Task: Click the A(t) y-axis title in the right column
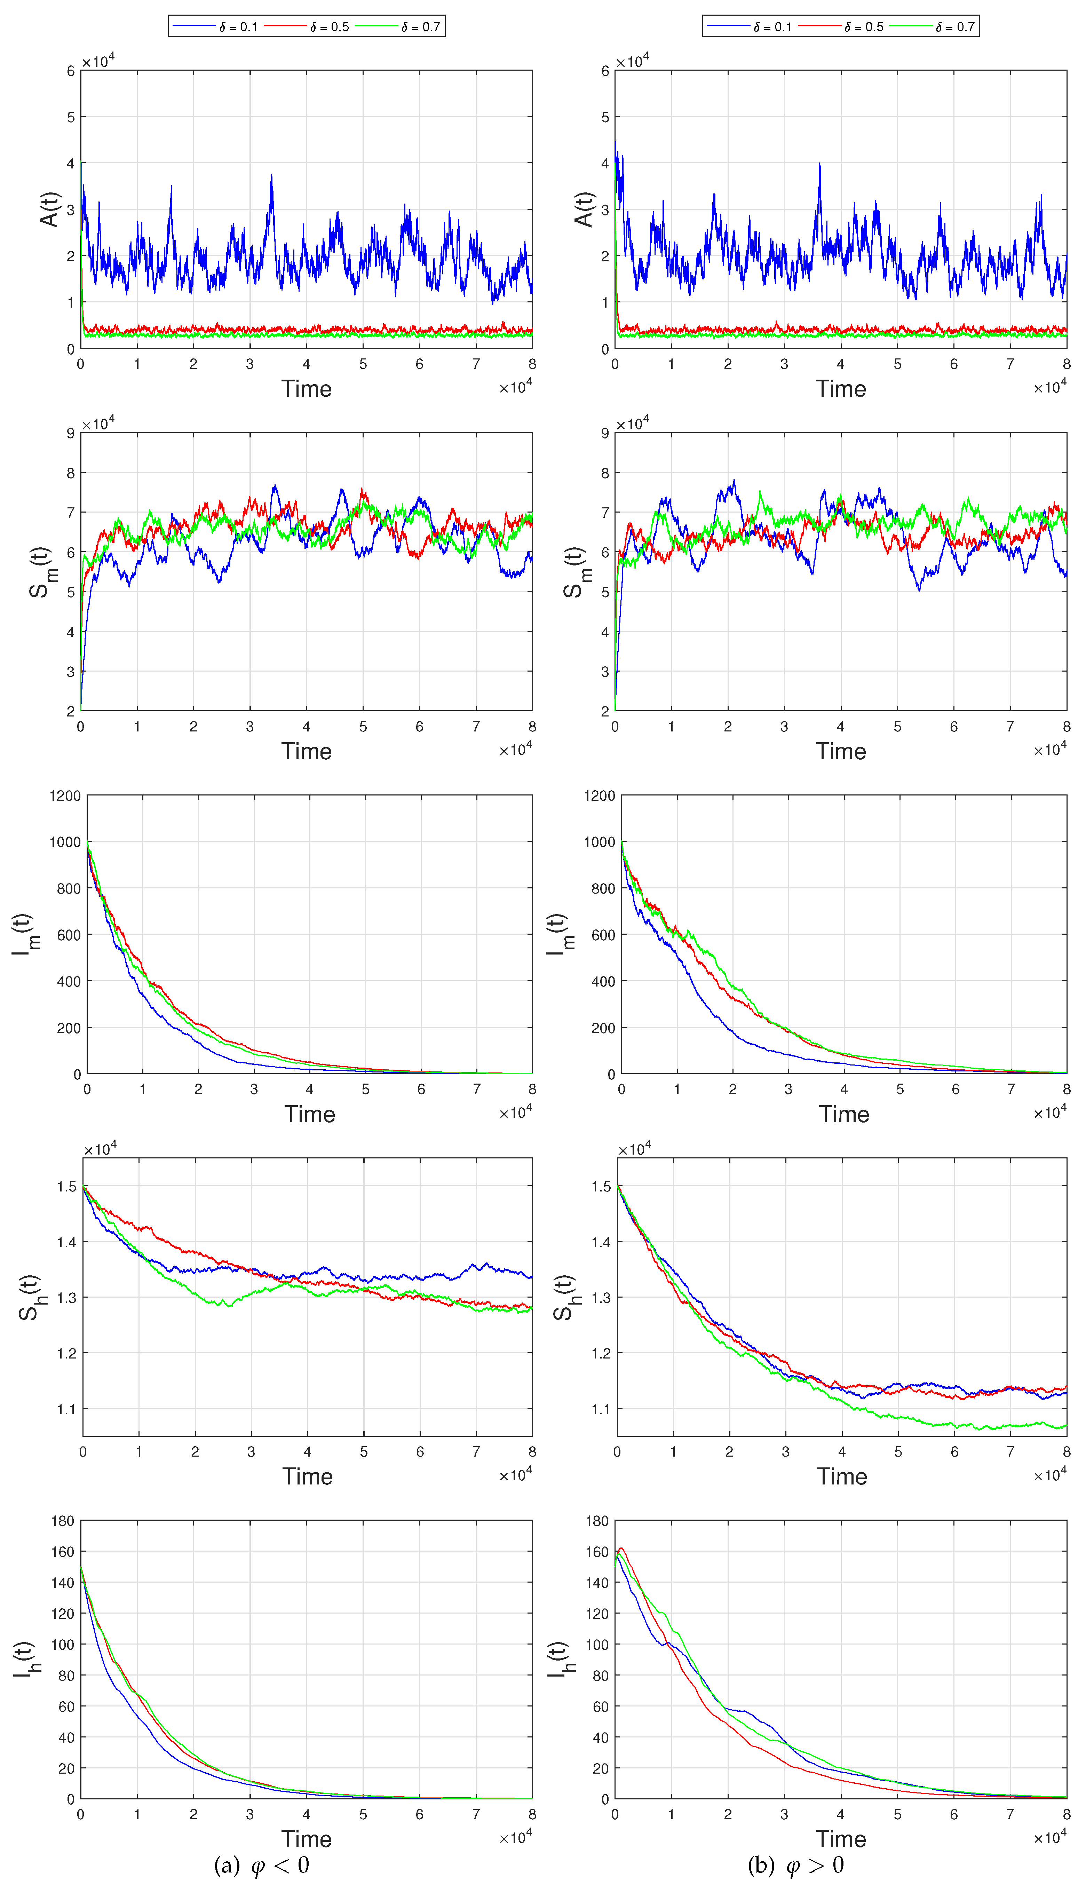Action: click(x=584, y=209)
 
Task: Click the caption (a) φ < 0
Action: click(x=261, y=1865)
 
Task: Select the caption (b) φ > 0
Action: click(x=796, y=1865)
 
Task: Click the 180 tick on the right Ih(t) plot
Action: click(x=597, y=1521)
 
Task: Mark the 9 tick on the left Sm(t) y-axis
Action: click(x=71, y=433)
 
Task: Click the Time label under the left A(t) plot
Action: click(x=307, y=389)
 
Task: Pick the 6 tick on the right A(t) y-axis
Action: click(x=605, y=71)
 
